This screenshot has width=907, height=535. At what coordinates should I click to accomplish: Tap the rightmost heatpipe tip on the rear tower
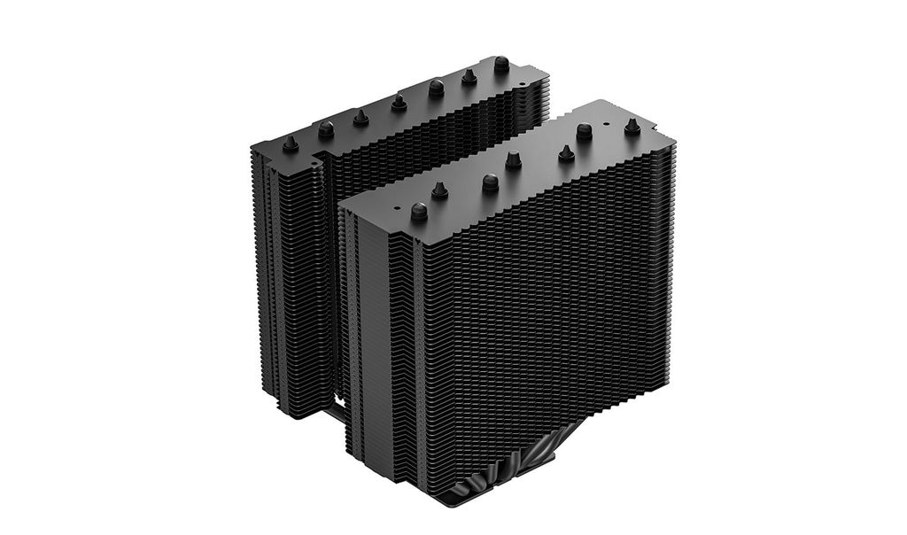(x=501, y=64)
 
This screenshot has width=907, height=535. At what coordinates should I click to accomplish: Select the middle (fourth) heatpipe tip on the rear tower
(x=399, y=102)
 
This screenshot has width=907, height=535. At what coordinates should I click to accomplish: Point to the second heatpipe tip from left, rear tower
(x=326, y=128)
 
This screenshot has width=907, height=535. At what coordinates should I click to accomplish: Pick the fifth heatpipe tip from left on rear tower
(x=436, y=88)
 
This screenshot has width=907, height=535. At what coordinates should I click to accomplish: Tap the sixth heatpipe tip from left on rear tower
(x=469, y=76)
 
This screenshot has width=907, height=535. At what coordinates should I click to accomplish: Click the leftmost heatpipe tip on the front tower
(x=419, y=211)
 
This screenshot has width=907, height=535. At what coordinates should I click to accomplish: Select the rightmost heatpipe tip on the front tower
(x=632, y=126)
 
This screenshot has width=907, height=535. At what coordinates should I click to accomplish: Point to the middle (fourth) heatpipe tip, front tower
(x=513, y=160)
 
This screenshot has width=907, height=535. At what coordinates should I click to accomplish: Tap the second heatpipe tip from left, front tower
(x=439, y=190)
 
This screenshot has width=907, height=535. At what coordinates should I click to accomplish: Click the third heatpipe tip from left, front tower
(x=490, y=182)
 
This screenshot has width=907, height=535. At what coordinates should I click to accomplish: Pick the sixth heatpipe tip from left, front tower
(x=584, y=131)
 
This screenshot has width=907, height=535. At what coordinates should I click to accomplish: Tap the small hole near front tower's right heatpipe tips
(x=606, y=124)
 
